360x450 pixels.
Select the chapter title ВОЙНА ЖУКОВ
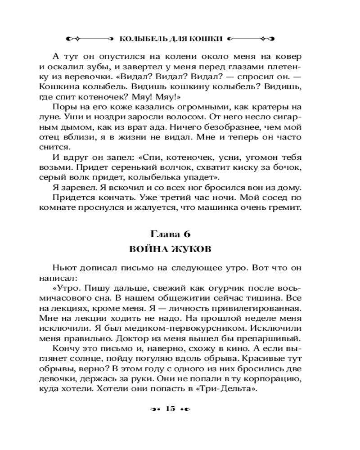point(171,249)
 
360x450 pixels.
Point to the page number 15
point(170,409)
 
